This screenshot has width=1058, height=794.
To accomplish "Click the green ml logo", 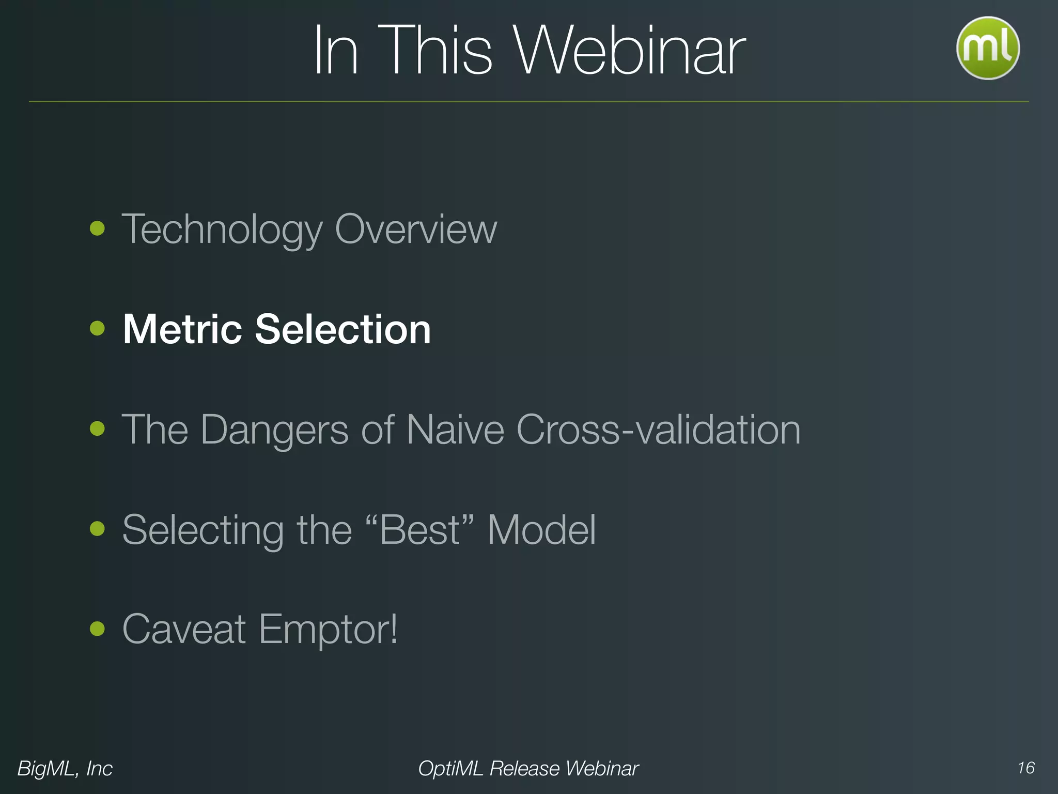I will [x=988, y=48].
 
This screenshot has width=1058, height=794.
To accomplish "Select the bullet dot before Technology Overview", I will [x=97, y=228].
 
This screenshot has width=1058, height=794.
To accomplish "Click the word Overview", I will [x=416, y=229].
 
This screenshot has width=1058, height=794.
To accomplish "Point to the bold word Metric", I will [x=182, y=329].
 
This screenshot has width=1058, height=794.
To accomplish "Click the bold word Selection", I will [x=343, y=329].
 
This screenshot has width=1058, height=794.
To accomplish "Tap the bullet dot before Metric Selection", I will [x=97, y=328].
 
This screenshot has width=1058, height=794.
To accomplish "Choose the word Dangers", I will [x=274, y=430].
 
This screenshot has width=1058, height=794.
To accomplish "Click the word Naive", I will [x=455, y=430].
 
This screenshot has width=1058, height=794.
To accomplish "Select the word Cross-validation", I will [x=659, y=430].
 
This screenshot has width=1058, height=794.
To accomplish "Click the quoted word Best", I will [x=419, y=530].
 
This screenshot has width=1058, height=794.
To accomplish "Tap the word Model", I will [x=541, y=530].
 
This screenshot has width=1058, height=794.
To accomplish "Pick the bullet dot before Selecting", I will [x=97, y=528].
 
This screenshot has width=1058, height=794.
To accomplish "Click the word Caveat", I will [x=184, y=629].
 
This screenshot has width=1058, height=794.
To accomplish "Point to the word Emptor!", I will [x=328, y=630].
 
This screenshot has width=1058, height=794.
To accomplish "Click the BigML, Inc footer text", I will [x=65, y=769].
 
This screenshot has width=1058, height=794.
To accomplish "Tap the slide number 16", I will [x=1026, y=768].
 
